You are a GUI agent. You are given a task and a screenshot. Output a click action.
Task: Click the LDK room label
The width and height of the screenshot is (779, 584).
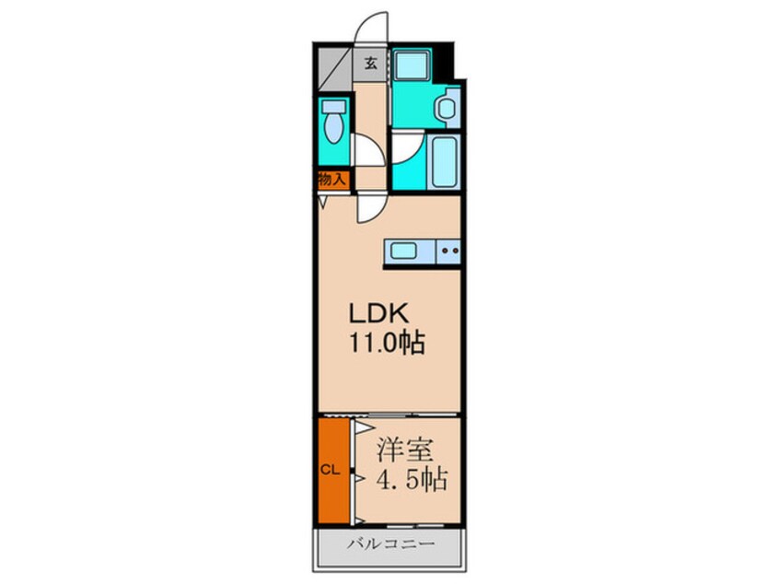pos(379,313)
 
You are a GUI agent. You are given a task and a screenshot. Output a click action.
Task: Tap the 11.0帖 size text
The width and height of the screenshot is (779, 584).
pos(388,343)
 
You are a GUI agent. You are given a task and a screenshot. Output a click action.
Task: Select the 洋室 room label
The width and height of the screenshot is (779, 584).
pos(405,450)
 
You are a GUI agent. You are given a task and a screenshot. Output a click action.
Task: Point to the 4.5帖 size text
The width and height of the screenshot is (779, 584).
pos(412,480)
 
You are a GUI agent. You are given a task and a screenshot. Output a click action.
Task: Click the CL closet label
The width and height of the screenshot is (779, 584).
pos(330,470)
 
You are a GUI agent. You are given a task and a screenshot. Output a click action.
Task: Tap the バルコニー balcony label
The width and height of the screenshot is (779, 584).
pos(390,543)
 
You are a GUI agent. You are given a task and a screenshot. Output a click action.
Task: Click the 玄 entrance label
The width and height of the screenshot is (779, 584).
pos(370,64)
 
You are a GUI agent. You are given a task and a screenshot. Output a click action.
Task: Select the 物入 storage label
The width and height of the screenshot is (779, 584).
pos(331,179)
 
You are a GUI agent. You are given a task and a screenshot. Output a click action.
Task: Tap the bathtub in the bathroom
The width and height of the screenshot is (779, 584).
pos(444,161)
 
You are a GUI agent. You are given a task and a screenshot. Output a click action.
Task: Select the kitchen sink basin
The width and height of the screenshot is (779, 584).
pos(403,251)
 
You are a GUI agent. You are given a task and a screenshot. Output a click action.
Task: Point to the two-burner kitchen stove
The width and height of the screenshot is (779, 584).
pos(448,251)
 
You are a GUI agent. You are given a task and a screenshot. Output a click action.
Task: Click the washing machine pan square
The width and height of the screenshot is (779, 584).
pos(412,64)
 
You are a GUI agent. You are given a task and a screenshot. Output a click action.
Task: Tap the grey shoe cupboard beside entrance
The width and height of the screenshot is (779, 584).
pos(332,68)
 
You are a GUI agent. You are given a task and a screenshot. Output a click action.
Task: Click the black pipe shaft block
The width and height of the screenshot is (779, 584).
pos(448,61)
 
